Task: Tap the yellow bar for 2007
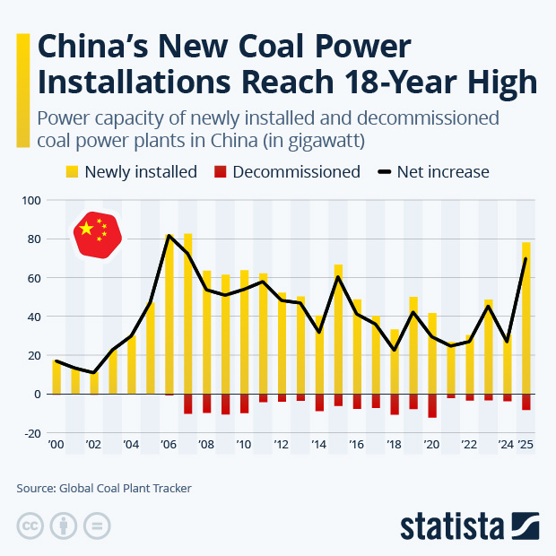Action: click(188, 314)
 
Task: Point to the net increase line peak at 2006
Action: click(169, 236)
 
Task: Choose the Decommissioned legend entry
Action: click(286, 171)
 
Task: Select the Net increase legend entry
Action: click(433, 171)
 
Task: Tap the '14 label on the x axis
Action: click(319, 445)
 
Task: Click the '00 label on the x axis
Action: click(56, 445)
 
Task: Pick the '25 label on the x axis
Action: click(526, 445)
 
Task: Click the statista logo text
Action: click(452, 525)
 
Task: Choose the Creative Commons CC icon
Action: click(30, 525)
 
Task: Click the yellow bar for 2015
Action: click(338, 329)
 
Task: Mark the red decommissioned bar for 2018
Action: click(395, 404)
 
